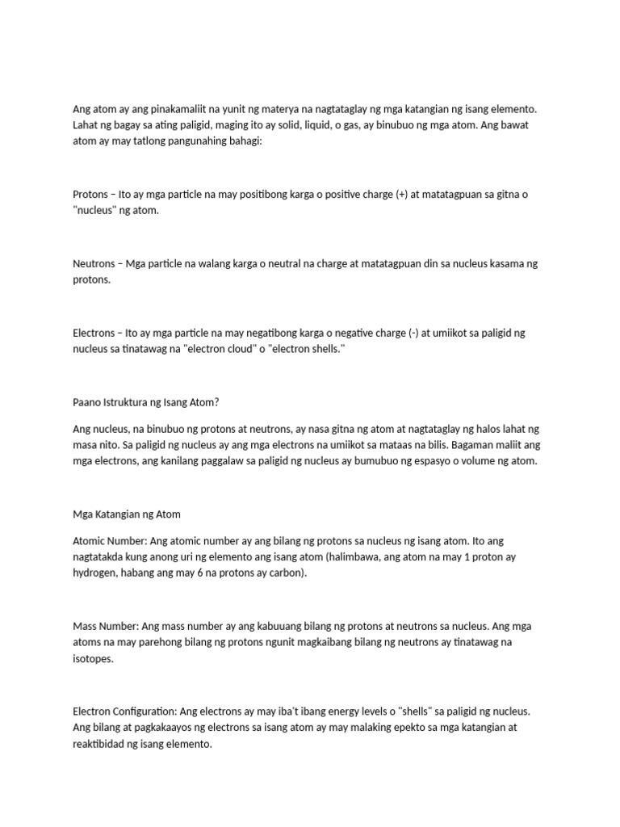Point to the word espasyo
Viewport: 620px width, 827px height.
pos(438,461)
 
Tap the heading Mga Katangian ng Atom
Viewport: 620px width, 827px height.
pos(126,514)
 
